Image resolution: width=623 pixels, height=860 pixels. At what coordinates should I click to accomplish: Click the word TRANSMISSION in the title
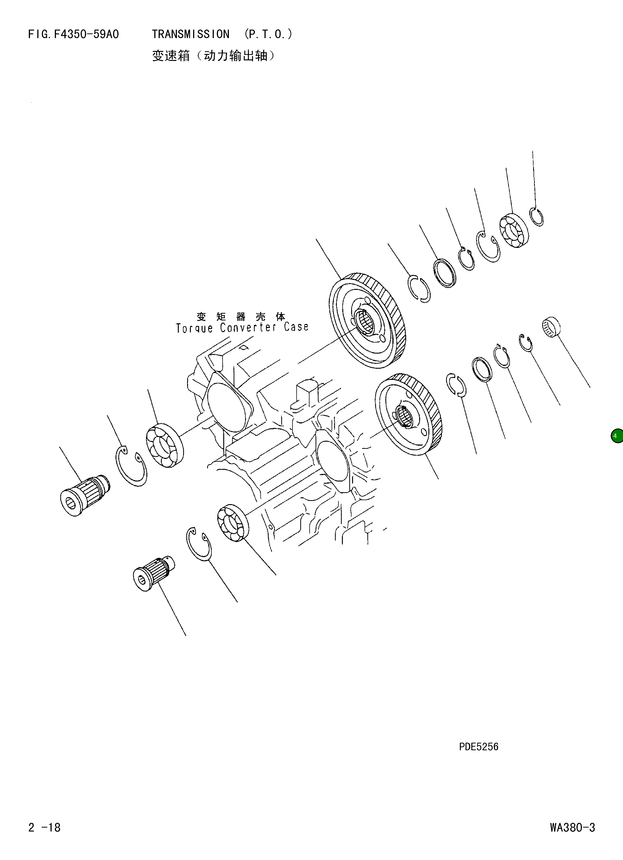pos(190,35)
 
